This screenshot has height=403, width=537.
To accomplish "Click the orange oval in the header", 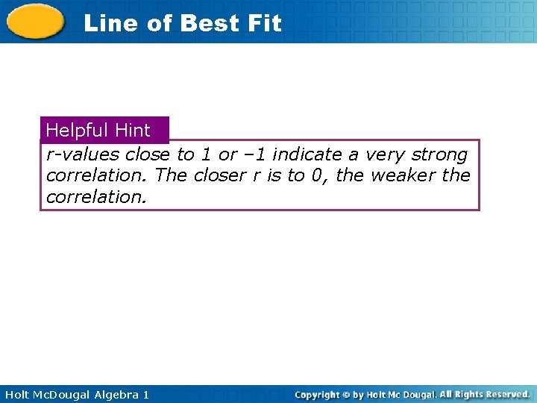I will tap(35, 21).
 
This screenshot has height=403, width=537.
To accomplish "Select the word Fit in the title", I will tap(264, 23).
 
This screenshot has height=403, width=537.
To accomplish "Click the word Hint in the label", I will tap(133, 131).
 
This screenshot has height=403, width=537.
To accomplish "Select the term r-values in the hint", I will tap(82, 154).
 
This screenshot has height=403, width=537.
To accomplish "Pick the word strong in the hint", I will tap(440, 155).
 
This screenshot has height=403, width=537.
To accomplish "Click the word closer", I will tap(216, 175).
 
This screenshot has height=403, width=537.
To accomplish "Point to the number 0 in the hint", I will tap(316, 175).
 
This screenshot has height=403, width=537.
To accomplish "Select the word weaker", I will tap(403, 175).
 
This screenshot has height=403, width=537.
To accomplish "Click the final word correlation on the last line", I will tap(96, 197).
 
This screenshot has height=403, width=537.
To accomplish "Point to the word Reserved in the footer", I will tap(506, 394).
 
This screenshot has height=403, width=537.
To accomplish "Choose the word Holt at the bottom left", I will tap(16, 395).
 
